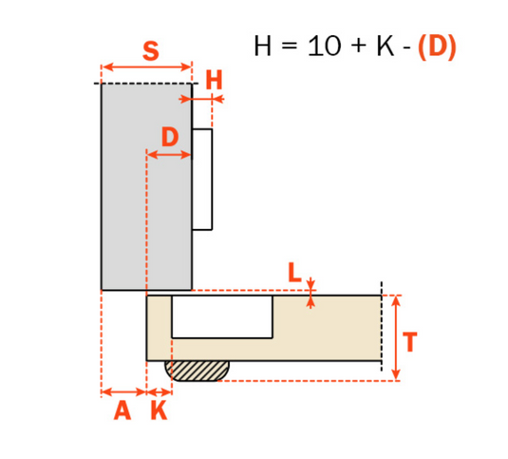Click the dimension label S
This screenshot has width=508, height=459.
150,50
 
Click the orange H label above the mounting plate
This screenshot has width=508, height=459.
214,81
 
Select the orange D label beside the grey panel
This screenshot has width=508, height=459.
169,136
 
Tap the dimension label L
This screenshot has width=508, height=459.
294,274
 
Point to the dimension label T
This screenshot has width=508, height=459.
410,342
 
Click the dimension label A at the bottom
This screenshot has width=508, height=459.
122,411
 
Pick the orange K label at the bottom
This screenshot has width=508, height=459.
159,411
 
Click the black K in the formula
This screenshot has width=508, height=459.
384,47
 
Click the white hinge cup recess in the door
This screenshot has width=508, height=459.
222,316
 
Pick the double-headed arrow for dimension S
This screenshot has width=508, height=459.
146,67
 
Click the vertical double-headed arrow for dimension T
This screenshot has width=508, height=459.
396,336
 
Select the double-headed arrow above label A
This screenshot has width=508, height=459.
123,391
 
